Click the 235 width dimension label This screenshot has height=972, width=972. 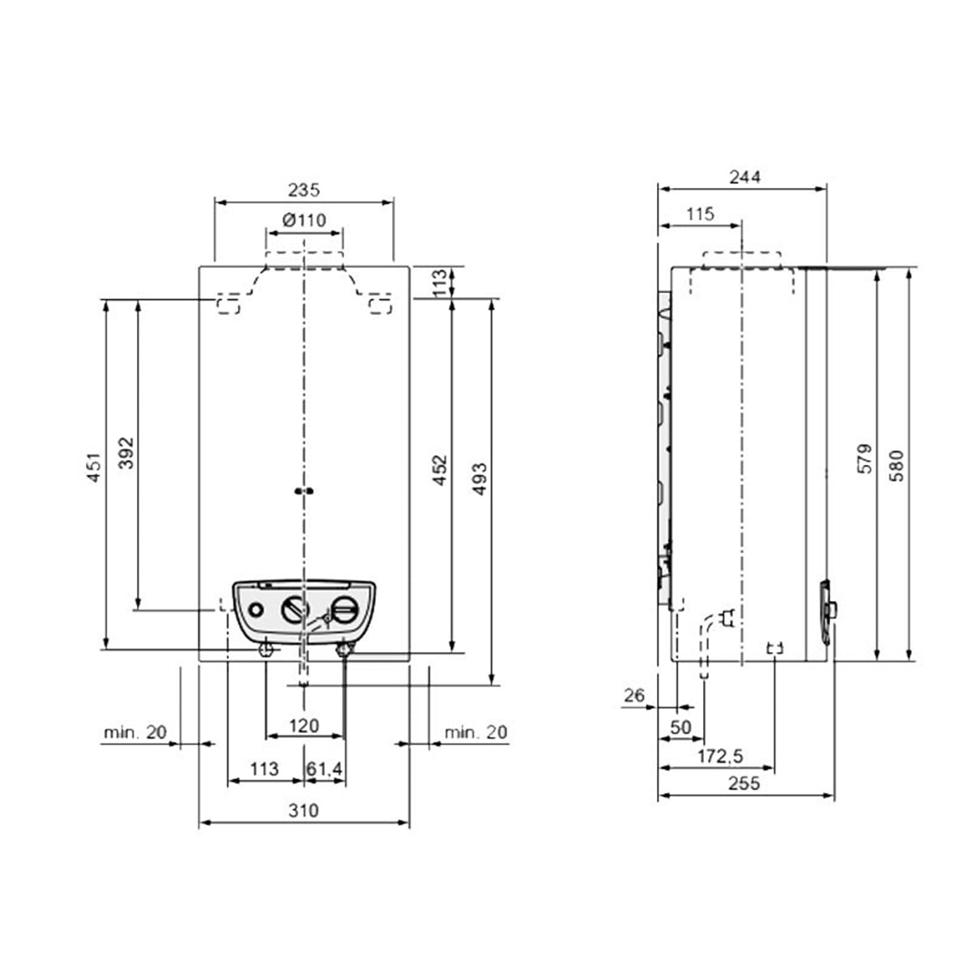tap(304, 190)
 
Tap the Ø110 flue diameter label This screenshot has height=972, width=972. tap(305, 220)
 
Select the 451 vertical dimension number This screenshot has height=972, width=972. tap(95, 467)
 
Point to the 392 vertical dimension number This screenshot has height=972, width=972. tap(126, 453)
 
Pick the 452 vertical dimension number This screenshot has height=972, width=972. tap(440, 470)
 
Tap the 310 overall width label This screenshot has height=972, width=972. tap(304, 810)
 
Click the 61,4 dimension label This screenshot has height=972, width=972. tap(324, 769)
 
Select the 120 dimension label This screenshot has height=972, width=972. tap(305, 726)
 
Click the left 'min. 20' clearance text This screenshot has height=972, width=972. tap(135, 732)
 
